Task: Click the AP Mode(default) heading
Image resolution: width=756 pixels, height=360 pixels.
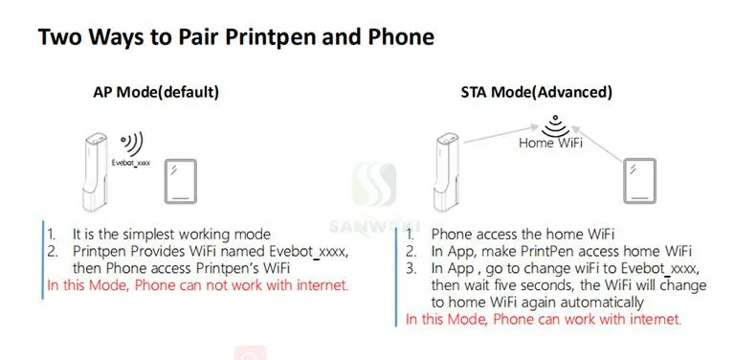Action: pos(156,92)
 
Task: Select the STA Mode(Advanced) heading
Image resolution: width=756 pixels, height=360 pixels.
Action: pos(537,92)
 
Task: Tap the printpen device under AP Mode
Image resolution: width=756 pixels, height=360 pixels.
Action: pos(95,172)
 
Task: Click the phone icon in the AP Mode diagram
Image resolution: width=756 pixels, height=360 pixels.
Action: pos(180,182)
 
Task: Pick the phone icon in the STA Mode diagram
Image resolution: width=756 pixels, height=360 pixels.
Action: pos(640,181)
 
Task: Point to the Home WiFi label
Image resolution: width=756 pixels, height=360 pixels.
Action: pos(550,143)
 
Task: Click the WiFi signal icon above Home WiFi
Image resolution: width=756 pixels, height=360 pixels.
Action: pos(555,125)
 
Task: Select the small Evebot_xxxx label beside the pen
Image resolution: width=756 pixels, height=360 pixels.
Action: pos(131,163)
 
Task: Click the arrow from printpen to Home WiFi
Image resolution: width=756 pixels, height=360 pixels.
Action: pos(500,134)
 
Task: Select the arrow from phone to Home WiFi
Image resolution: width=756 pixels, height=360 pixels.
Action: pos(598,144)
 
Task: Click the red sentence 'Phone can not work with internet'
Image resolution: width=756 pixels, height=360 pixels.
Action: pos(241,285)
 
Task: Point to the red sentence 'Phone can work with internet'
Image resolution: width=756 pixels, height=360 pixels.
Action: pos(588,319)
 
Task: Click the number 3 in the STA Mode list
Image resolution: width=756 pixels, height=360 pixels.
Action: pos(411,268)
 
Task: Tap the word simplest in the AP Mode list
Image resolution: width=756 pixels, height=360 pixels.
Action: pos(148,235)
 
